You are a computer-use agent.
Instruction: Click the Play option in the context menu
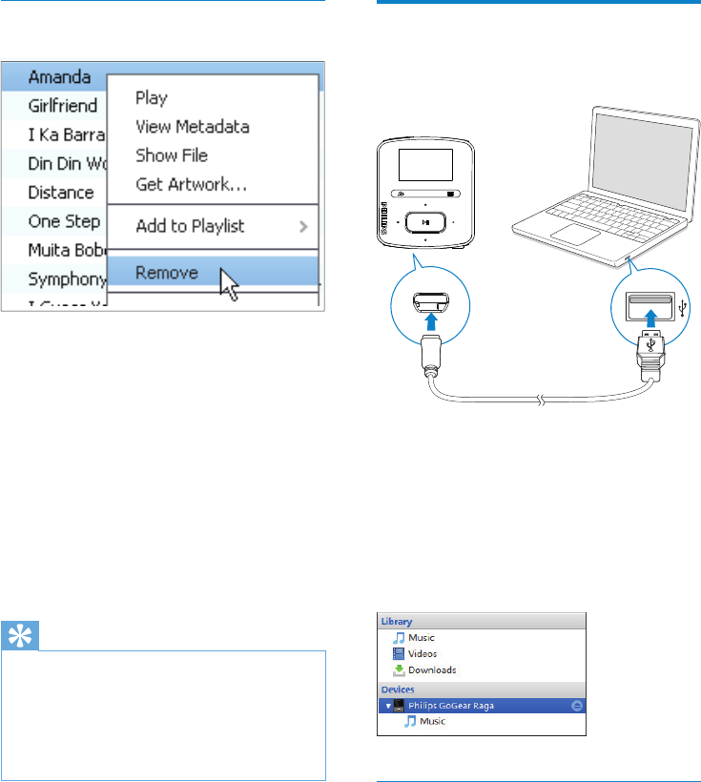click(152, 97)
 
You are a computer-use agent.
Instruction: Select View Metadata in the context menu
click(193, 126)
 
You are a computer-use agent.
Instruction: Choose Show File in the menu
click(172, 155)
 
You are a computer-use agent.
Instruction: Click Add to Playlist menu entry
click(191, 226)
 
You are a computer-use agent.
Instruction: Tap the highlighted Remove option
click(167, 273)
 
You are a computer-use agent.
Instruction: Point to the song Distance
click(61, 192)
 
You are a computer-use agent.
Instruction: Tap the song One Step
click(63, 221)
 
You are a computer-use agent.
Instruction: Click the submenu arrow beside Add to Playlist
click(304, 227)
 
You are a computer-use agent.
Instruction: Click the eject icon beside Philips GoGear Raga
click(577, 705)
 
